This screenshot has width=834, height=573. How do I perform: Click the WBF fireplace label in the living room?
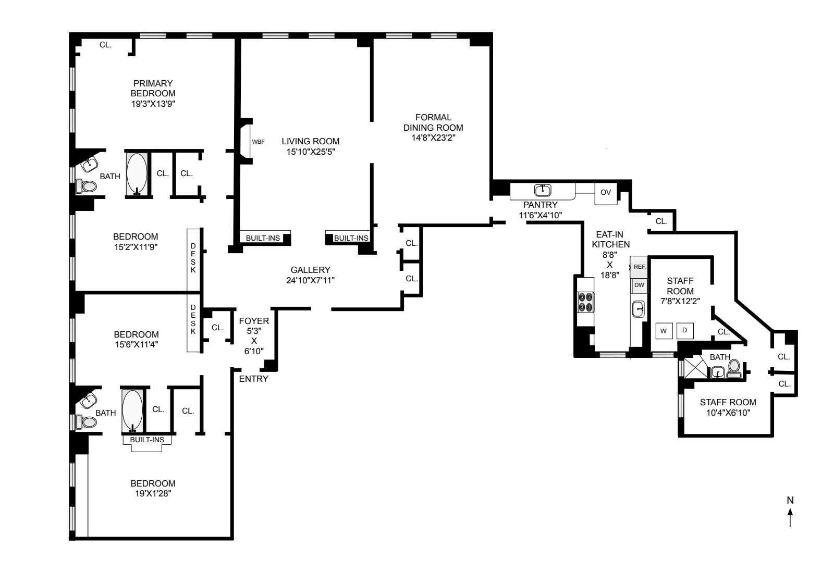click(258, 141)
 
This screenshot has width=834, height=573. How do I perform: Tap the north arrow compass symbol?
click(790, 513)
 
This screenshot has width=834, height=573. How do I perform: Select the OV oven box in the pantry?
click(606, 192)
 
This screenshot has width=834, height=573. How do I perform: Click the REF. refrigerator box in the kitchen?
click(640, 267)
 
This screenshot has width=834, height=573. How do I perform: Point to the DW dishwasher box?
click(639, 285)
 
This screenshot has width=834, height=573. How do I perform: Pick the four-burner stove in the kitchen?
click(585, 302)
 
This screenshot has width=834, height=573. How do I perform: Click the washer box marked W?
click(664, 331)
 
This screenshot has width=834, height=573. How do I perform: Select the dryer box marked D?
click(685, 330)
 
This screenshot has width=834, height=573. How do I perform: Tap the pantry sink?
click(543, 190)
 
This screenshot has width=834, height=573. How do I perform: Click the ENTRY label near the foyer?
click(253, 379)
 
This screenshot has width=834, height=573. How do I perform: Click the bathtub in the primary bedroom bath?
click(137, 173)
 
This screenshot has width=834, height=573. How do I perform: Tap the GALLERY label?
click(310, 270)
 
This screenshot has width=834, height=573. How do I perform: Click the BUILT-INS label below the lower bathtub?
click(147, 440)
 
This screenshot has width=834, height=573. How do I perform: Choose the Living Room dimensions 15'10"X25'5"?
click(310, 152)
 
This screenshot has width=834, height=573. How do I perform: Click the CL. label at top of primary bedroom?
click(105, 45)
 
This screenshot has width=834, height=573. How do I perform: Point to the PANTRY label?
click(540, 205)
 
